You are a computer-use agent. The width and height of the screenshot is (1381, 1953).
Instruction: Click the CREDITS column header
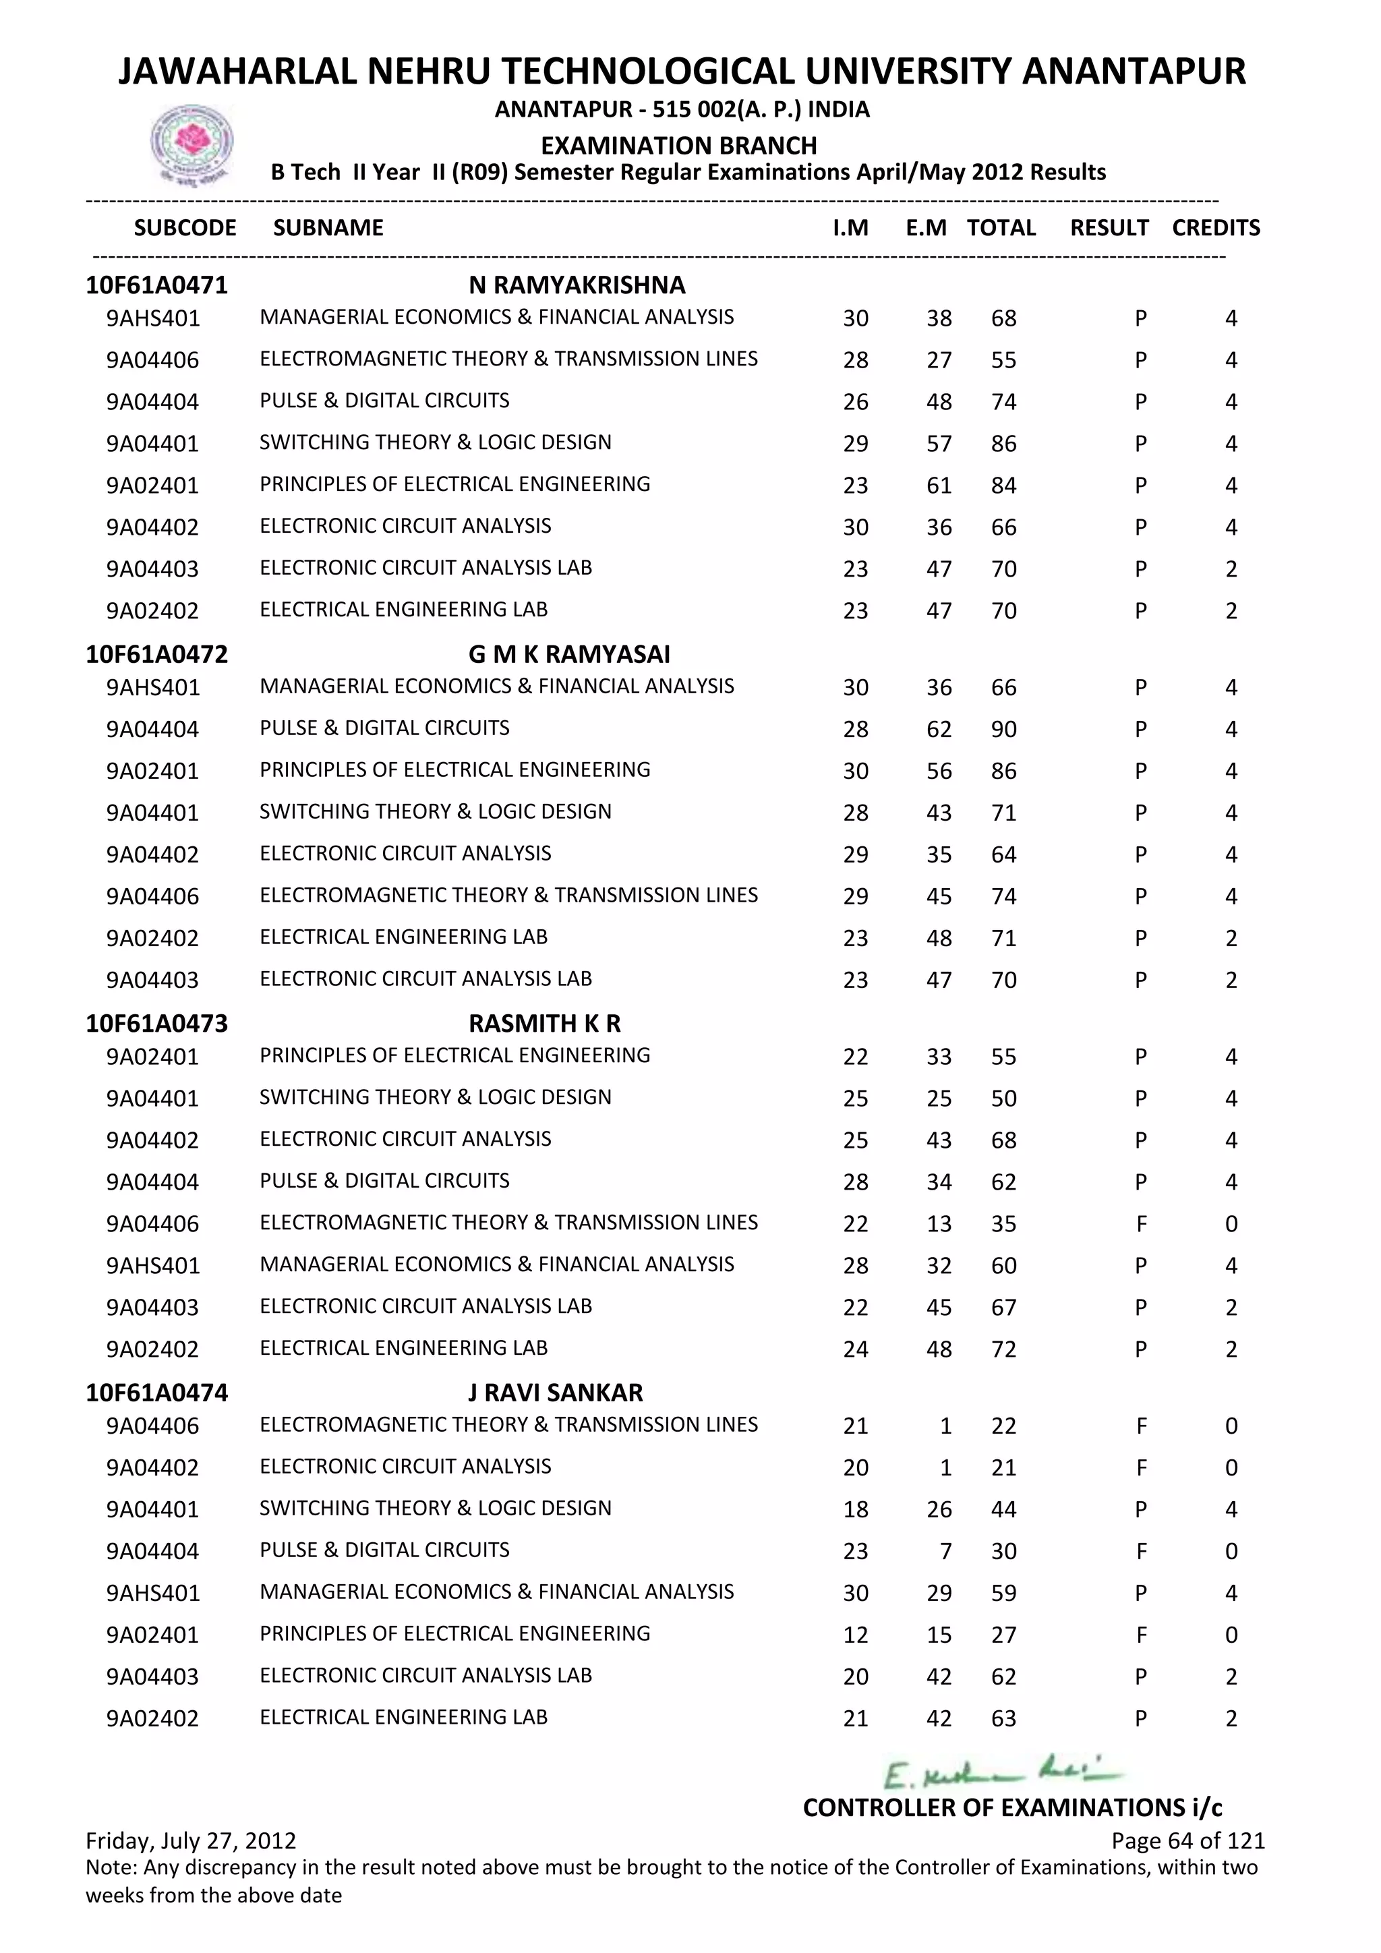click(x=1215, y=228)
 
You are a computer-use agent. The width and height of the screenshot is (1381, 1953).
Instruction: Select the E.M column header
click(x=925, y=228)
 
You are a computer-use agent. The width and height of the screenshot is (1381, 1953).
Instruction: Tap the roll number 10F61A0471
click(x=156, y=285)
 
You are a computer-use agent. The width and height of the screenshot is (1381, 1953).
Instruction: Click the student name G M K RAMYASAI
click(x=569, y=654)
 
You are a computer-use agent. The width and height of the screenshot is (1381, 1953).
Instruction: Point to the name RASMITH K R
click(x=544, y=1023)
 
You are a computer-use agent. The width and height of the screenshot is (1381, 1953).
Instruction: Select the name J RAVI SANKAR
click(x=555, y=1393)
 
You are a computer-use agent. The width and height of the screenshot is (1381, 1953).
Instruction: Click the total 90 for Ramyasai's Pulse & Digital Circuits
click(x=1003, y=730)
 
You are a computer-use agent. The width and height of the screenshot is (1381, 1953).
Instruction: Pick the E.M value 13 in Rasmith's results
click(x=939, y=1224)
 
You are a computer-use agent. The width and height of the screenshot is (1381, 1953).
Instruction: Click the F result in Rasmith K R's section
click(x=1140, y=1224)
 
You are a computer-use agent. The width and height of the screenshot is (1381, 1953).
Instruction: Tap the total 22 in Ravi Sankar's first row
click(x=1003, y=1426)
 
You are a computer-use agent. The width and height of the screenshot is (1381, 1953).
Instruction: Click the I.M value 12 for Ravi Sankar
click(x=856, y=1635)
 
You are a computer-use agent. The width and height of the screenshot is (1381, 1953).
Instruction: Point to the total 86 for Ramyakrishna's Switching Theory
click(x=1003, y=444)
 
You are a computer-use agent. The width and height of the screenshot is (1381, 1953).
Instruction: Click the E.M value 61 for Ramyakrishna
click(x=939, y=486)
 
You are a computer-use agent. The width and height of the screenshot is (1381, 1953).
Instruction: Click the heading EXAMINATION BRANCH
click(x=678, y=146)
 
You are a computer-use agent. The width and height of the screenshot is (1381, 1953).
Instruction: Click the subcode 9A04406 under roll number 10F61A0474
click(x=152, y=1426)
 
